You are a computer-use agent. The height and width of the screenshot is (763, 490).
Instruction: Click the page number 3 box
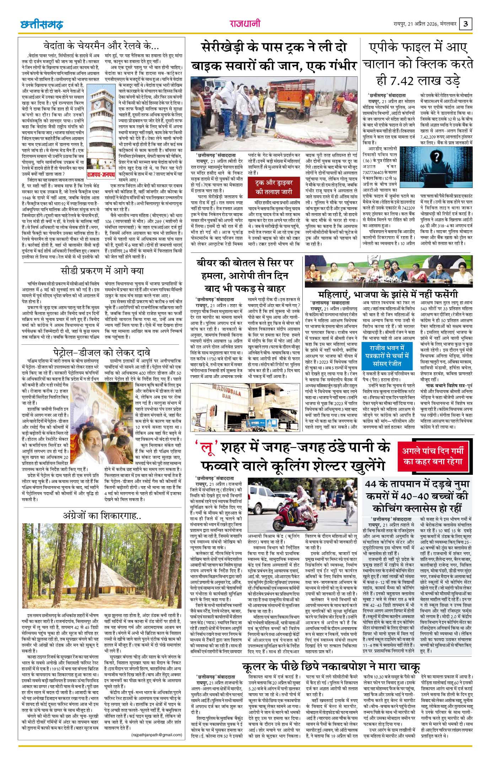(x=466, y=24)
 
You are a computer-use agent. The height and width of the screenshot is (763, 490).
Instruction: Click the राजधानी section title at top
(x=245, y=24)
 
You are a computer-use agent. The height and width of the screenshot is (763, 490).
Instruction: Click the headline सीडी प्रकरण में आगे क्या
(x=102, y=271)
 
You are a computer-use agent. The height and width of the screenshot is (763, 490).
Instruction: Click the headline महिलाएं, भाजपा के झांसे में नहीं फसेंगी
(x=388, y=294)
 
